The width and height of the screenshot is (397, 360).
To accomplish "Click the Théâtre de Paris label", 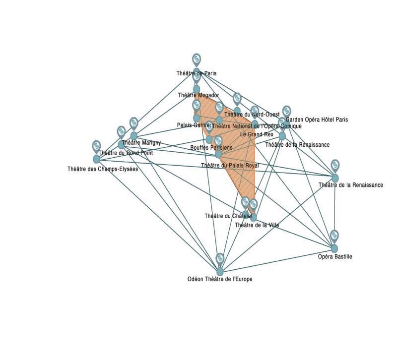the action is pyautogui.click(x=197, y=73).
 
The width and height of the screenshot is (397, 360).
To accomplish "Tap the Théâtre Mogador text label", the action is pyautogui.click(x=198, y=95).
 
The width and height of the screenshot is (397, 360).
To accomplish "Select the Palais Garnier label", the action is pyautogui.click(x=194, y=125).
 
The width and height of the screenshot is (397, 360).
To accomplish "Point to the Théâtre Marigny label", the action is pyautogui.click(x=141, y=143).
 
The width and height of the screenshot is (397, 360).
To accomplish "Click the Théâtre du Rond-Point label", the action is pyautogui.click(x=126, y=153).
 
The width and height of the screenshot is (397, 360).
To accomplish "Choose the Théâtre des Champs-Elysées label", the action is pyautogui.click(x=103, y=169).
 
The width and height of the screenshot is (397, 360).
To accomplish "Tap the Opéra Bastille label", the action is pyautogui.click(x=335, y=257).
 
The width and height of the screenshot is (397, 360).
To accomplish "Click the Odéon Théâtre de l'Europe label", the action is pyautogui.click(x=220, y=279).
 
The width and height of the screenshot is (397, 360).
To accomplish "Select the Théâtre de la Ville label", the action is pyautogui.click(x=257, y=225).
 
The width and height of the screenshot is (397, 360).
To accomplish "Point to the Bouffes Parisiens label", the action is pyautogui.click(x=211, y=148).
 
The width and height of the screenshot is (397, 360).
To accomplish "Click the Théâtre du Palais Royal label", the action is pyautogui.click(x=230, y=165).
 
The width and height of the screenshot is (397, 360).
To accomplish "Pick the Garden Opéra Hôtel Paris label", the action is pyautogui.click(x=317, y=120).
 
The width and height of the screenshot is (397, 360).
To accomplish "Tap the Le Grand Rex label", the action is pyautogui.click(x=257, y=134).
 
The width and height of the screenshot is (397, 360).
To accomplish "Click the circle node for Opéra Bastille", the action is pyautogui.click(x=334, y=248).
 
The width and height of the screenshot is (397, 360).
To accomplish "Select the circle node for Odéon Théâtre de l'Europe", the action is pyautogui.click(x=220, y=271).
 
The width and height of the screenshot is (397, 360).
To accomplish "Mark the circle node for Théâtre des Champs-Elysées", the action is pyautogui.click(x=96, y=159).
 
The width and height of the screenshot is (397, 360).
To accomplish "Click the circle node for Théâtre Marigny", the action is pyautogui.click(x=133, y=135).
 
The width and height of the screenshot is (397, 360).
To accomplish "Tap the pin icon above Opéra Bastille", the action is pyautogui.click(x=334, y=235).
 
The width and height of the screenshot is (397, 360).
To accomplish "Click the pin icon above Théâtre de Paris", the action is pyautogui.click(x=197, y=59).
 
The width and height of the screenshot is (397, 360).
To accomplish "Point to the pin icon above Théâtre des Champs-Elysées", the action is pyautogui.click(x=96, y=146).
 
